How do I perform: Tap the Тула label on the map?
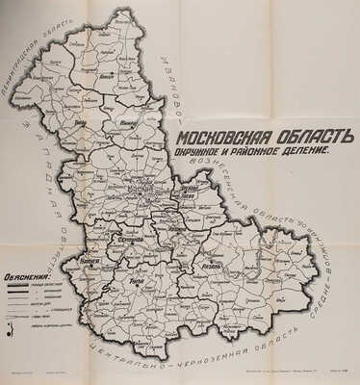[x=136, y=283]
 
